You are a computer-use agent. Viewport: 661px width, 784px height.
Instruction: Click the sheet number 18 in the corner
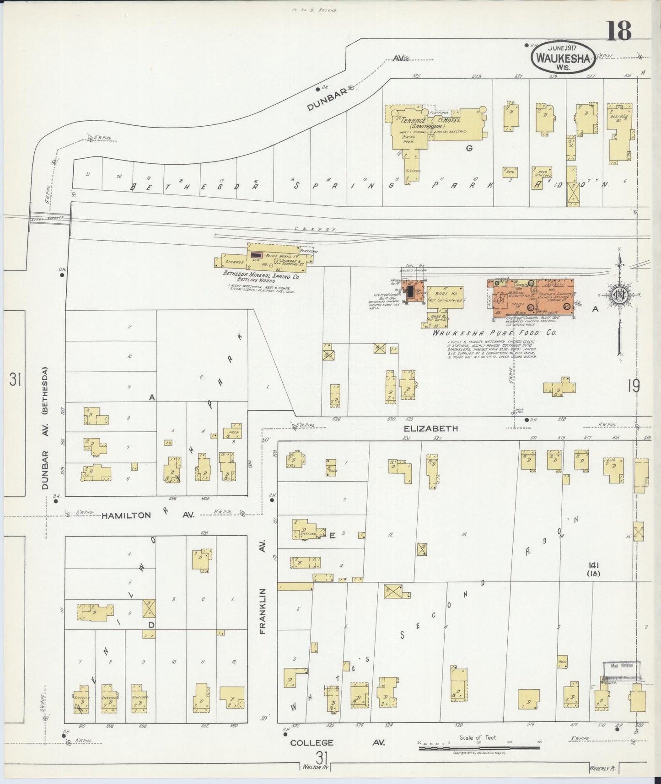pyautogui.click(x=619, y=31)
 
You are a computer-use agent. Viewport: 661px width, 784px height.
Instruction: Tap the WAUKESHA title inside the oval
pyautogui.click(x=563, y=58)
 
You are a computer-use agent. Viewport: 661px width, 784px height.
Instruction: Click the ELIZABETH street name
pyautogui.click(x=430, y=429)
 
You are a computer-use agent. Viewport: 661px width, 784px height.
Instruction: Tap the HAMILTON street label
pyautogui.click(x=126, y=515)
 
